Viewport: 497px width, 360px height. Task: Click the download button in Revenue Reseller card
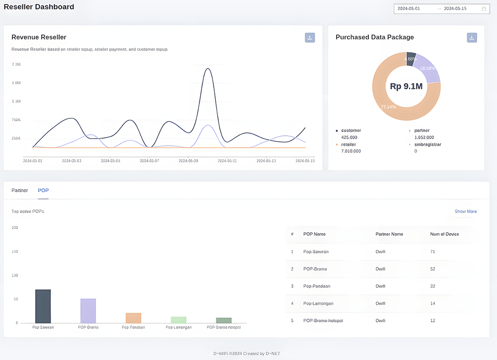click(x=310, y=37)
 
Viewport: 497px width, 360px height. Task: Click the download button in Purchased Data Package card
click(x=472, y=38)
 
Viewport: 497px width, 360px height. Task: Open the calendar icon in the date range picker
click(x=484, y=8)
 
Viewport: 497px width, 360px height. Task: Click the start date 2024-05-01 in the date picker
click(x=409, y=8)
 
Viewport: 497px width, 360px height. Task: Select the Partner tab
click(x=20, y=190)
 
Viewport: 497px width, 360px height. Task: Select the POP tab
click(x=43, y=190)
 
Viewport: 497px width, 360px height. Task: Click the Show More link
click(x=465, y=211)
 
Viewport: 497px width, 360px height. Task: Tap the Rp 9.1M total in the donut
click(x=406, y=87)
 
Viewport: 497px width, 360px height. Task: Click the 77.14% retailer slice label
click(x=388, y=107)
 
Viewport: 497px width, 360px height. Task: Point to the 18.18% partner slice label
click(x=427, y=68)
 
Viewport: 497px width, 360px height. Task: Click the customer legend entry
click(x=351, y=130)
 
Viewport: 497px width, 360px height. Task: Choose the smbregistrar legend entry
click(x=427, y=145)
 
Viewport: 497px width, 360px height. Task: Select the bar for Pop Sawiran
click(x=43, y=306)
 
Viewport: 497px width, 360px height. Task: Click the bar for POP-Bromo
click(x=88, y=310)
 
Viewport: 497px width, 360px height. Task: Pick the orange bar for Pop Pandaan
click(x=133, y=318)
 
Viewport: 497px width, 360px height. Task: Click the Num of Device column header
click(x=444, y=234)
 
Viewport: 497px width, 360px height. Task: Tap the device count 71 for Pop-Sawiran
click(x=432, y=252)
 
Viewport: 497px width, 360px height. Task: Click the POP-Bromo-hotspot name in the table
click(x=323, y=321)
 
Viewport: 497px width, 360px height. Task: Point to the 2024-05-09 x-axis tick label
click(x=188, y=161)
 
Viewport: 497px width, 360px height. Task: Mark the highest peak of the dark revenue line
click(x=208, y=69)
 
